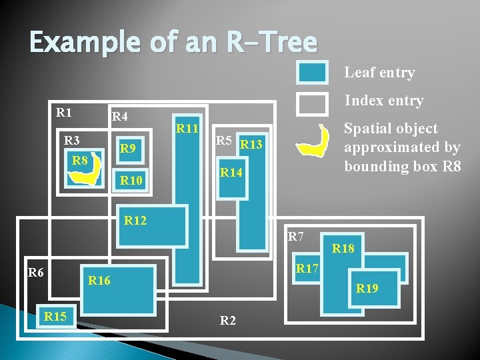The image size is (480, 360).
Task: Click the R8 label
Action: pyautogui.click(x=80, y=161)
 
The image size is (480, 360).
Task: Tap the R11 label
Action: pyautogui.click(x=187, y=127)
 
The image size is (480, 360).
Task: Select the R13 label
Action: pyautogui.click(x=251, y=143)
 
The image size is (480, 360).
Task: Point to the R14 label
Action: pyautogui.click(x=231, y=173)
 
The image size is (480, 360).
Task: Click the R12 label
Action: pyautogui.click(x=135, y=220)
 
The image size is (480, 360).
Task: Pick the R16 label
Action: pyautogui.click(x=99, y=281)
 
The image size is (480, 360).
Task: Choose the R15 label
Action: pyautogui.click(x=55, y=316)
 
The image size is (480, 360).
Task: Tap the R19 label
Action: pyautogui.click(x=367, y=289)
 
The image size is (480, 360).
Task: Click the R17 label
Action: pyautogui.click(x=307, y=269)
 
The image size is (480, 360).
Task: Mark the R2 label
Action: pyautogui.click(x=227, y=320)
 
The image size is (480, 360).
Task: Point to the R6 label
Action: pyautogui.click(x=35, y=271)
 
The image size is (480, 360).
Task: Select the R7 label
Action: pyautogui.click(x=295, y=236)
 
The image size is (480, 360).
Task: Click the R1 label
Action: pyautogui.click(x=64, y=112)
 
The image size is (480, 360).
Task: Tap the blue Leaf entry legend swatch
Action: pyautogui.click(x=311, y=73)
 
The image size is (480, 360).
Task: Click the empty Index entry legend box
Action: pyautogui.click(x=311, y=103)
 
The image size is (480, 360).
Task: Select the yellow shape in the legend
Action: pyautogui.click(x=313, y=141)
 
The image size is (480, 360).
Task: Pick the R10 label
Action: pyautogui.click(x=131, y=180)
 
